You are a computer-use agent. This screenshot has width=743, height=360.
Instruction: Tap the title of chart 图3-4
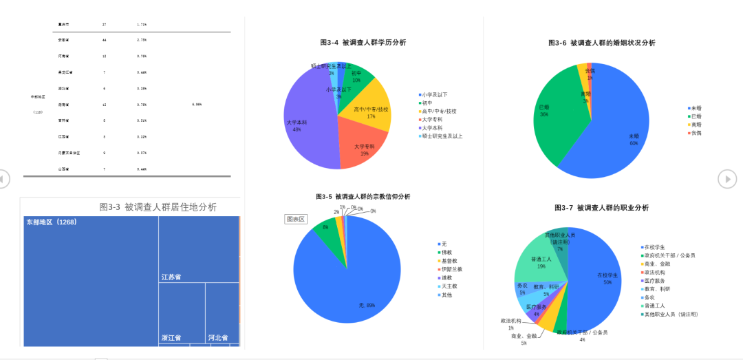point(363,43)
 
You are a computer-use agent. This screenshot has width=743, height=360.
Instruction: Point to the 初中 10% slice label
point(356,76)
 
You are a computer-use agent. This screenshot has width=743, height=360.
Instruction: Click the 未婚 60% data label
point(633,140)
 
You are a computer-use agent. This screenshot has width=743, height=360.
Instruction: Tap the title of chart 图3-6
point(601,43)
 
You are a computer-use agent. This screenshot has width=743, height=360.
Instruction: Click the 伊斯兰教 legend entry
point(452,269)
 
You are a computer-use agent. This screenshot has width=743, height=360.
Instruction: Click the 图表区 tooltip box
point(296,220)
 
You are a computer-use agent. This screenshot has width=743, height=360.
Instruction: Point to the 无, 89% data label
point(366,305)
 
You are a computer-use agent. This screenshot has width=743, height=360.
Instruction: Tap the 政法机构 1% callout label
point(511,324)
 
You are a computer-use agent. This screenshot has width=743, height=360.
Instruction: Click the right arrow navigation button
point(727,179)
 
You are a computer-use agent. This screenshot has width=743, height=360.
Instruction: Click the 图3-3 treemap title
point(158,207)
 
